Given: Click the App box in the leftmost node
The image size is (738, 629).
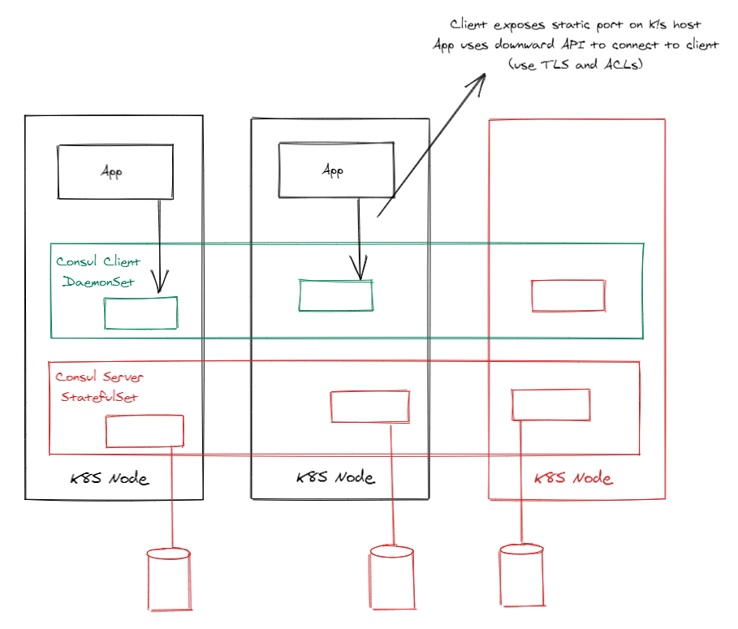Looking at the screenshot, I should coord(114,172).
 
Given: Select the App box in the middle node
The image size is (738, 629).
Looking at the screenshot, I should coord(336,170).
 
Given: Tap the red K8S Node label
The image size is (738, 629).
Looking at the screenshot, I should coord(574,478).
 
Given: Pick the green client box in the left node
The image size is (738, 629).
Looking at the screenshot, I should coord(140,313).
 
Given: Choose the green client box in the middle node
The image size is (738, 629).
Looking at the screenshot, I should coord(336,295).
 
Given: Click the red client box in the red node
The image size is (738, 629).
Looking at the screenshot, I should coord(568,295).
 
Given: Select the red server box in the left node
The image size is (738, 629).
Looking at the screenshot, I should coord(145,431).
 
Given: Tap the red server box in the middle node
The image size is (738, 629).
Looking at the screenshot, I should coord(369,406).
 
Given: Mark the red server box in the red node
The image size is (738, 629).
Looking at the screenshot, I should coord(550,404).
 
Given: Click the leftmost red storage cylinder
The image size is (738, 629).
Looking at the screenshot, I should coord(169,579).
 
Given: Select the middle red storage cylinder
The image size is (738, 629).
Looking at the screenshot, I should coord(392,577).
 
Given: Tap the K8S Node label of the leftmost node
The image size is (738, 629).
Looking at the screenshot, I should coord(110,478).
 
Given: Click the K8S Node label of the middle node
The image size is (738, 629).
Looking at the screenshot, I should coord(335,477).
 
